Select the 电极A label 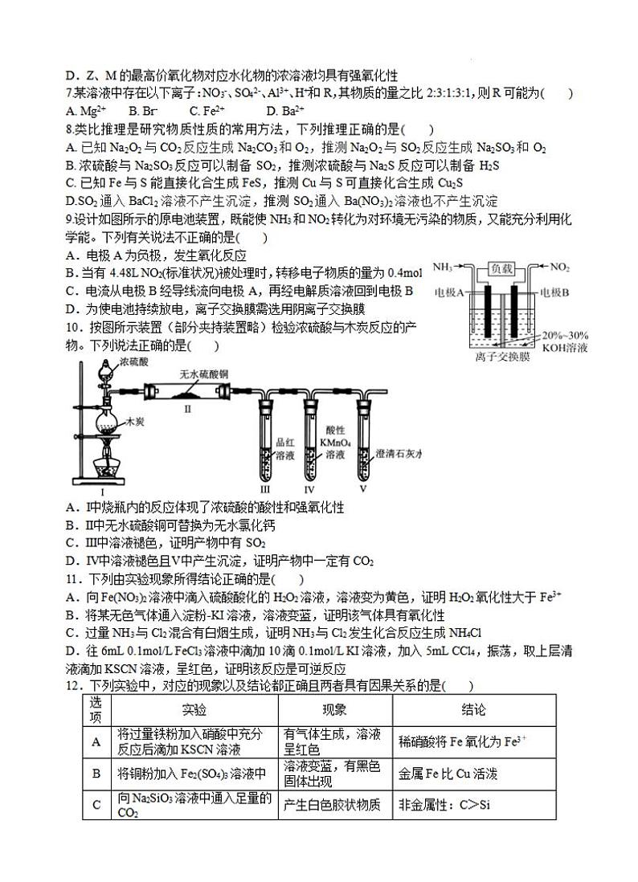[451, 292]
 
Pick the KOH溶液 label [566, 348]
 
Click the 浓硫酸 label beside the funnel [133, 363]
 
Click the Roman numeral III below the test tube [264, 488]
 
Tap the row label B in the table [96, 774]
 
